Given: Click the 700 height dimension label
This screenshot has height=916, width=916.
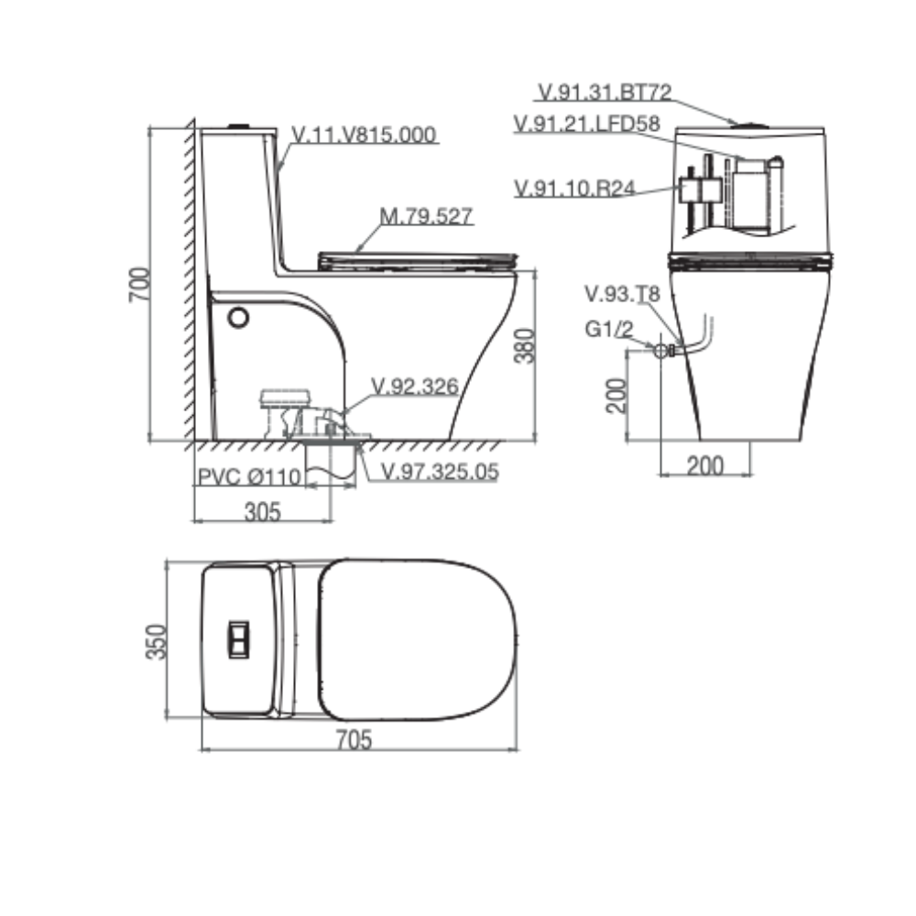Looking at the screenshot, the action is coord(139,285).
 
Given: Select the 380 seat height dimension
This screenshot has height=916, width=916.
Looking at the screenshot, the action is coord(524,346).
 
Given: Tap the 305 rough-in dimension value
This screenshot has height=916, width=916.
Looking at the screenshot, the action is coord(263,512).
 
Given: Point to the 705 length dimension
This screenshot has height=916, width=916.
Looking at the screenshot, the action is coord(354,739).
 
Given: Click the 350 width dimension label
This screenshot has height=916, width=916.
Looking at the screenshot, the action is coord(156,641).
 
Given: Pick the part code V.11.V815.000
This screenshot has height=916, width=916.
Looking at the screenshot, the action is coord(364,135).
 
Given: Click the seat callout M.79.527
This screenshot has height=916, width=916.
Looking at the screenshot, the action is coord(426,216).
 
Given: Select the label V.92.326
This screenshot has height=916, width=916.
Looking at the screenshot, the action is coord(415,387).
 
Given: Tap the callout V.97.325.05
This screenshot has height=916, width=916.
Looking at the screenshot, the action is coord(440,472).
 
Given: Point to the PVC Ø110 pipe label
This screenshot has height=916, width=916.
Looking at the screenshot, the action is coord(249,476).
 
